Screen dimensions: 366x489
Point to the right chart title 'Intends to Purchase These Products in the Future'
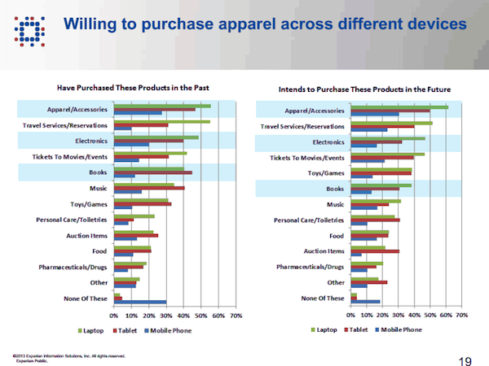(x=359, y=85)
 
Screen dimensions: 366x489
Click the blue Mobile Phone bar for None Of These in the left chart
(x=139, y=303)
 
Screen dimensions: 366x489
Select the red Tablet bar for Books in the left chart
(x=153, y=172)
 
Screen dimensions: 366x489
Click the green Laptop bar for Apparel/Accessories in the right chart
(x=399, y=107)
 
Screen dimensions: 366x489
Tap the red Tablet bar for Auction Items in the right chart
(x=375, y=251)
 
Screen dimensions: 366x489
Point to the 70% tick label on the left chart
(x=235, y=315)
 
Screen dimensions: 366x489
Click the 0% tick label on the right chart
(x=351, y=315)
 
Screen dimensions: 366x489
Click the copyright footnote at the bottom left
(x=69, y=357)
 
